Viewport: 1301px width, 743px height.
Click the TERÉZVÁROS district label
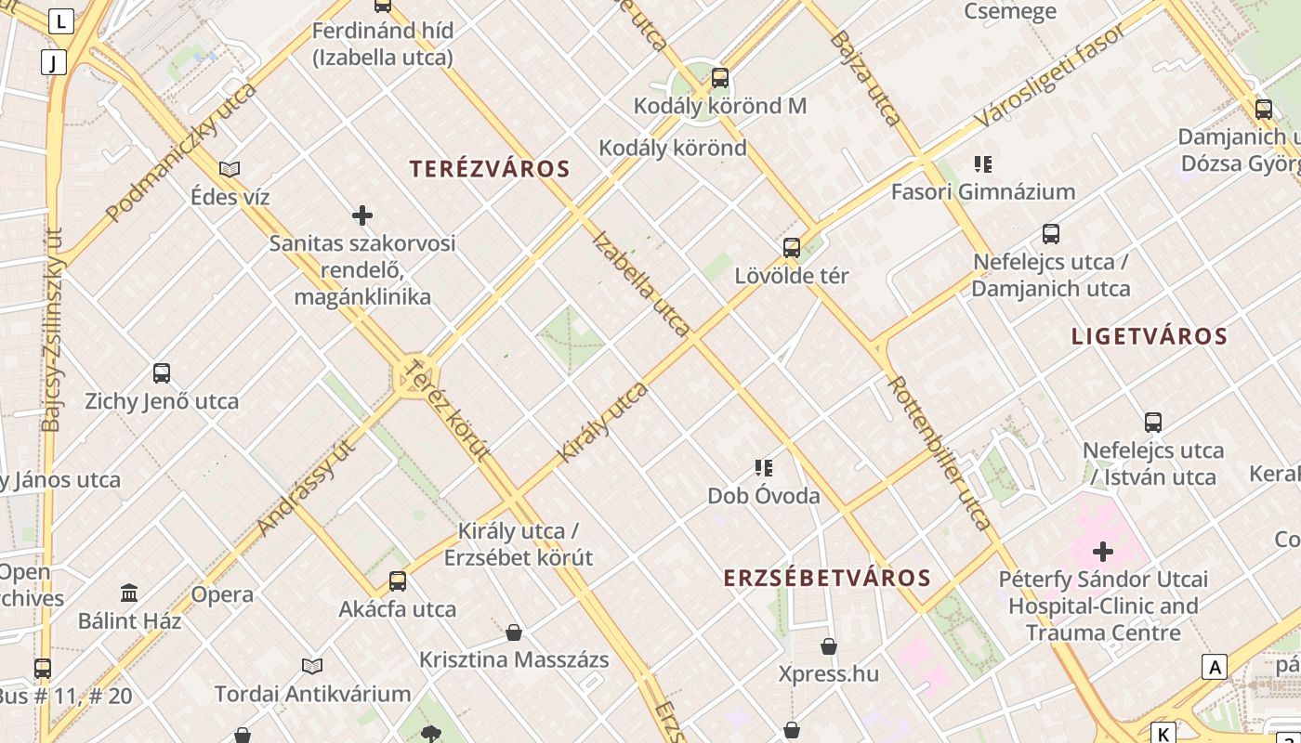490,169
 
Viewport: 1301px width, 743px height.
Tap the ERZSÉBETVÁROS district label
827,578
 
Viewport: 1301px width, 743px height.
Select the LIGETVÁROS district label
1150,336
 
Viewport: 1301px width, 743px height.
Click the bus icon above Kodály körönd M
720,78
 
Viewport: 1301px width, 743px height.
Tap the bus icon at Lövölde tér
792,247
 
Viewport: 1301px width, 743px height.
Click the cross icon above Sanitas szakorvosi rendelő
362,215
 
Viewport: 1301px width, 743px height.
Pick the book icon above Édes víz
230,169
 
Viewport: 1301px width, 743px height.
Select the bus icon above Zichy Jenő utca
162,373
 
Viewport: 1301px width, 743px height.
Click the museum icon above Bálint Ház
129,593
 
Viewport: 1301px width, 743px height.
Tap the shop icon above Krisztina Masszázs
514,632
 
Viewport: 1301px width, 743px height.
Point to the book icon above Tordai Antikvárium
312,666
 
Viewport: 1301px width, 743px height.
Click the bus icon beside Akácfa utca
398,581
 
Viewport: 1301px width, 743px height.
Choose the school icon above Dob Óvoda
764,467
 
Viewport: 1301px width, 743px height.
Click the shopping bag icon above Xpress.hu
829,645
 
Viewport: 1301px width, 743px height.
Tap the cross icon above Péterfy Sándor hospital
1103,552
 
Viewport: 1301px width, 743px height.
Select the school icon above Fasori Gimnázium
983,164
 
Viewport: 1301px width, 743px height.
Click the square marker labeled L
61,20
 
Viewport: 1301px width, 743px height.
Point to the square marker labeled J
54,62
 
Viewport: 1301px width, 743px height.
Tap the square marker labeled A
1215,666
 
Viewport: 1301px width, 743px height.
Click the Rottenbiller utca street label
940,453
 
